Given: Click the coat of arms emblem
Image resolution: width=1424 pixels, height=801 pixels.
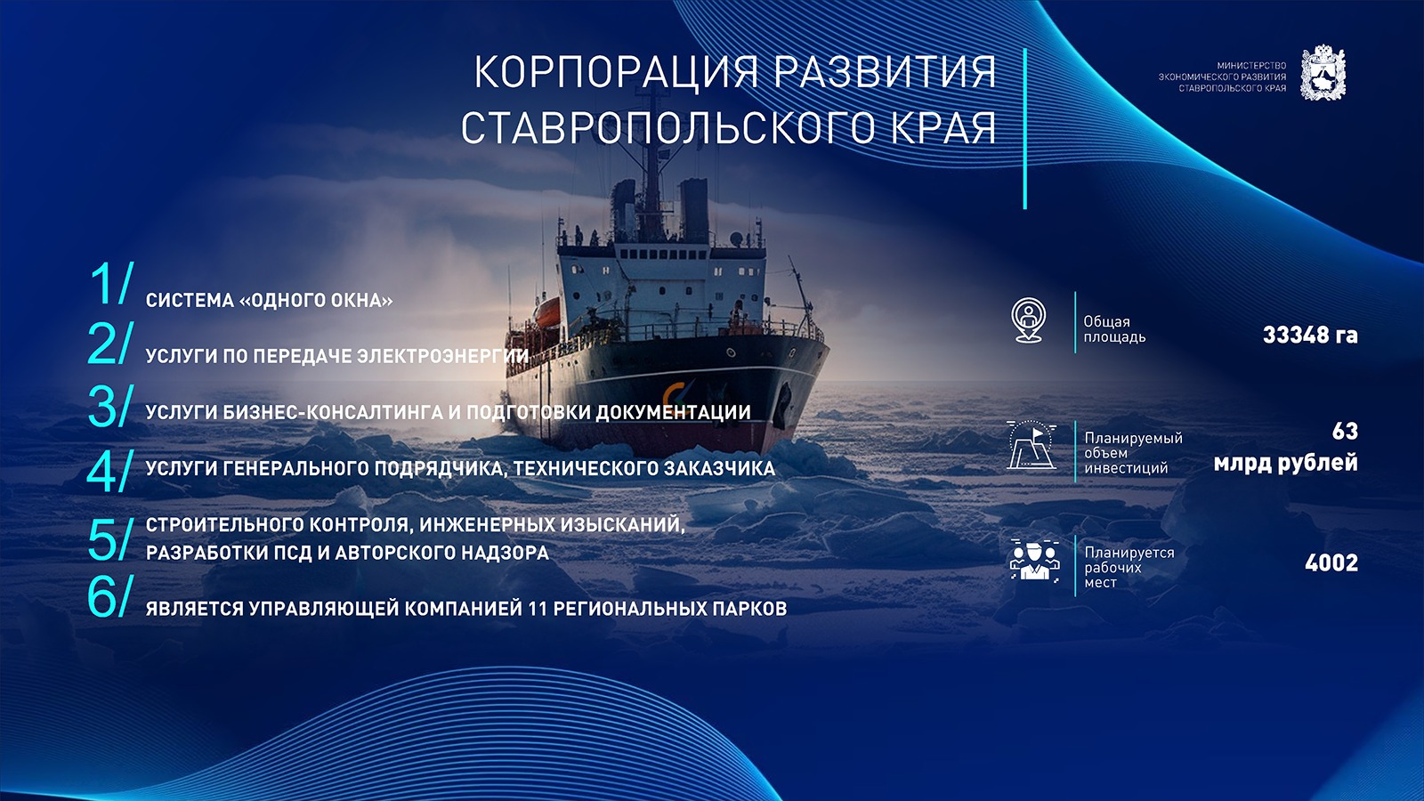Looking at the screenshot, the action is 1323,72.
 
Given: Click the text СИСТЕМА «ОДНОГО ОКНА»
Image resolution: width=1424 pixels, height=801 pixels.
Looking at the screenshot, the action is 269,300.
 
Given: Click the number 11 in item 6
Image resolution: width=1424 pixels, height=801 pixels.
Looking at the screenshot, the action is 538,609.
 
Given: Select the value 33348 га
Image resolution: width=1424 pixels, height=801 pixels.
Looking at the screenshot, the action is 1309,335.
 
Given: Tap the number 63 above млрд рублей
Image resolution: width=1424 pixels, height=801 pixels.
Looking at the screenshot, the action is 1345,432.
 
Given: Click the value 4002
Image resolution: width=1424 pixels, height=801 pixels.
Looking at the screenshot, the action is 1331,562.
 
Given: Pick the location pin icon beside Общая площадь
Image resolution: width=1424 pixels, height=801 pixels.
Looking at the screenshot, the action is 1029,320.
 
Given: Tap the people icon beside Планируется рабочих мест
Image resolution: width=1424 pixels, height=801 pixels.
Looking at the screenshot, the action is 1034,560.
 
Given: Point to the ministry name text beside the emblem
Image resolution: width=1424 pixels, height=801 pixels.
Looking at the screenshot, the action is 1222,77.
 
